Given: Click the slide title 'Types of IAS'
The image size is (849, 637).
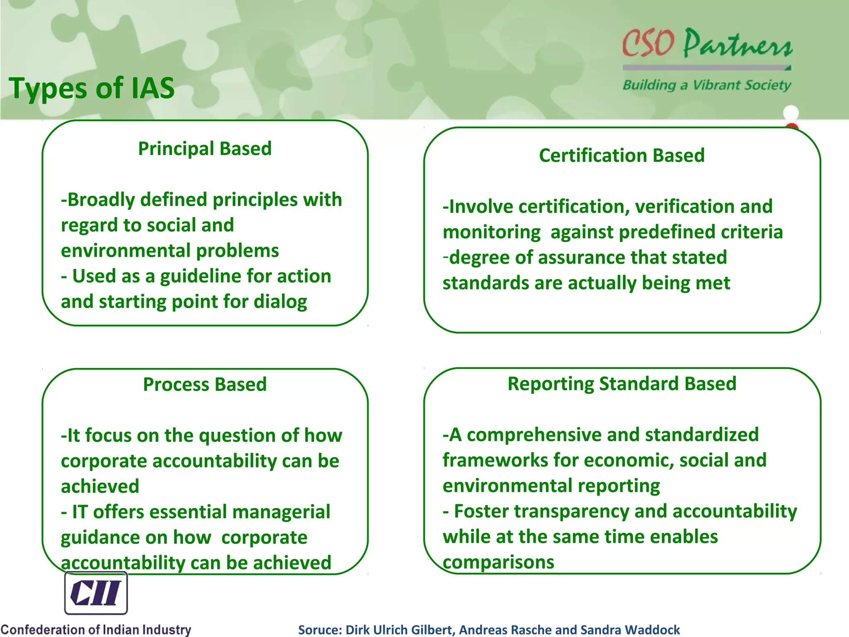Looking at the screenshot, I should coord(92,88).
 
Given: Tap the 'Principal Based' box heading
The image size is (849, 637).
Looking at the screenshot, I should coord(205,148).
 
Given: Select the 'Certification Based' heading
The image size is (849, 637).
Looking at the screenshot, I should coord(622,156).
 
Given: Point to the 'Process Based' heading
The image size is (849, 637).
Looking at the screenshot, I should coord(205,384).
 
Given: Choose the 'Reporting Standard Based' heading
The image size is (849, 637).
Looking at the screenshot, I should coord(622,384).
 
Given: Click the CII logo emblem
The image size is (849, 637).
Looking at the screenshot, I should coord(96,593).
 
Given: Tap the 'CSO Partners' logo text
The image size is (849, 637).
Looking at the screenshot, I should coord(707,44).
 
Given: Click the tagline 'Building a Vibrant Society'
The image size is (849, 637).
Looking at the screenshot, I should coord(707,85).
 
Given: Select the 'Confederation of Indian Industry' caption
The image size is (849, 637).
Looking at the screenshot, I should coord(96,630).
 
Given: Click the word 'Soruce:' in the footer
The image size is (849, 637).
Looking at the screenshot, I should coord(320,630).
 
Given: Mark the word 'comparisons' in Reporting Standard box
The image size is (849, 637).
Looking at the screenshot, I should coord(498,563).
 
